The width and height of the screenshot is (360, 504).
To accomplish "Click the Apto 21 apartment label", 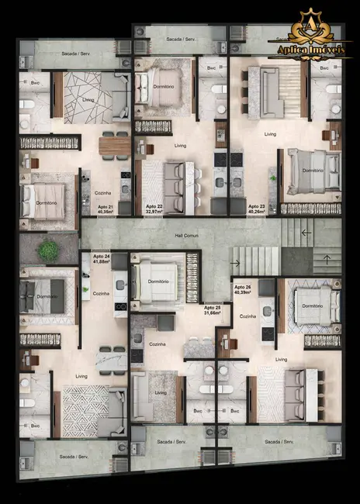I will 106,209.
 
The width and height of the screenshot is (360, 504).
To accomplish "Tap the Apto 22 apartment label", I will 154,209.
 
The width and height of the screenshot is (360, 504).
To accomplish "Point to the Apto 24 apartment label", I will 100,259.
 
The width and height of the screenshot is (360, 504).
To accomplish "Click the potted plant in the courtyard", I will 50,250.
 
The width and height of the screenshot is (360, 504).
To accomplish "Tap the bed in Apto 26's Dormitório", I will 313,305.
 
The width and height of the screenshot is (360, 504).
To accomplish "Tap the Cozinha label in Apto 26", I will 248,316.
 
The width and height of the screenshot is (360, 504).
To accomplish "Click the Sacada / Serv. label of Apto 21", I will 76,55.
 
